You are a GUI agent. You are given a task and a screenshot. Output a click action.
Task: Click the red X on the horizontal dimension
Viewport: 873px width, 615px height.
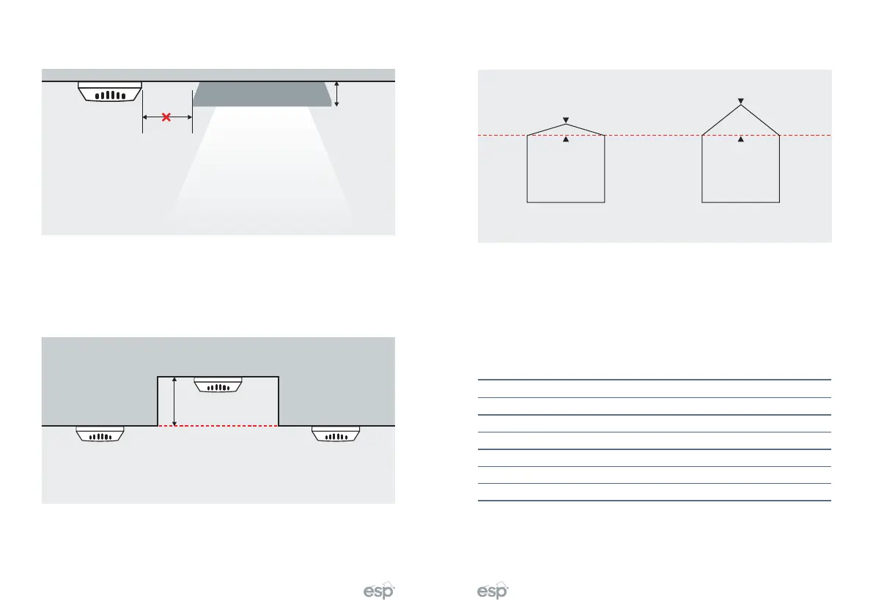coord(166,117)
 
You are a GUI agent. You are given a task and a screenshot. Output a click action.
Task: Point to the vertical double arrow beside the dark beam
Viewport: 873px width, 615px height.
coord(336,94)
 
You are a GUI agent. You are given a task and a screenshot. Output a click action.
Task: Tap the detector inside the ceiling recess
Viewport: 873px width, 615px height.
coord(218,385)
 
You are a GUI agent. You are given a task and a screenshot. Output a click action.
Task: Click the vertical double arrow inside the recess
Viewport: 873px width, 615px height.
coord(174,401)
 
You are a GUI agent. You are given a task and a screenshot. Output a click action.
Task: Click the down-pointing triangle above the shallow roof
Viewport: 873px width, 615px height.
coord(565,119)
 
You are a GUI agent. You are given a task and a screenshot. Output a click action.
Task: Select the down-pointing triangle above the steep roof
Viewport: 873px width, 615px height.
coord(741,100)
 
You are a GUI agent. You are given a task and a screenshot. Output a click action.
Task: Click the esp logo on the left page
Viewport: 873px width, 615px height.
coord(380,592)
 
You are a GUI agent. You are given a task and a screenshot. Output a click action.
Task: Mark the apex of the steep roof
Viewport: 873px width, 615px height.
coord(741,106)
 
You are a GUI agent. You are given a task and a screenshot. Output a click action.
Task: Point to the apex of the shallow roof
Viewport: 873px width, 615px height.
coord(565,124)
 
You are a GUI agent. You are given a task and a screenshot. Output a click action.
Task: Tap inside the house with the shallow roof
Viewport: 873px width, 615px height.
coord(566,169)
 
